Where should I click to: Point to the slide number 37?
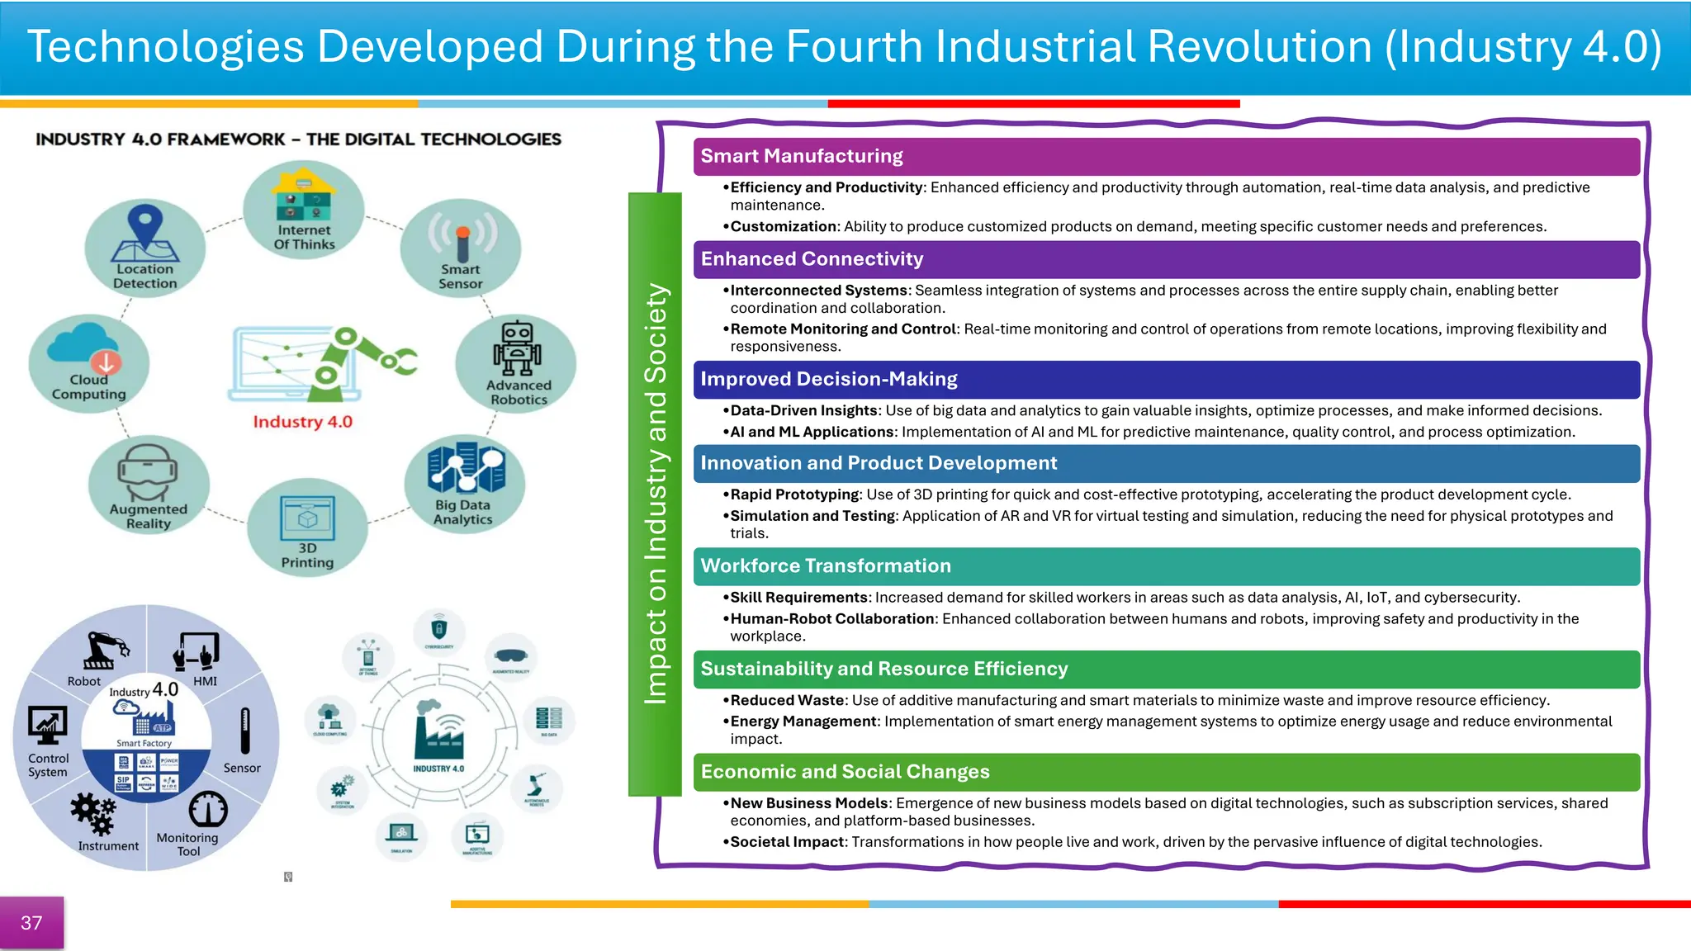31,923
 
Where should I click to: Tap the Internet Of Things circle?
304,211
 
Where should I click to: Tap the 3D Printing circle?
307,528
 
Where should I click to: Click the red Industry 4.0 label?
302,422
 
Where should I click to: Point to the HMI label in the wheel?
205,681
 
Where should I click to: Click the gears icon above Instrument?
92,813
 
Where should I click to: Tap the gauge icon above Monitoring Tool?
208,810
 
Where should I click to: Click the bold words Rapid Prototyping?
794,494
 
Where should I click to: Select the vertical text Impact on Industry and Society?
655,494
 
